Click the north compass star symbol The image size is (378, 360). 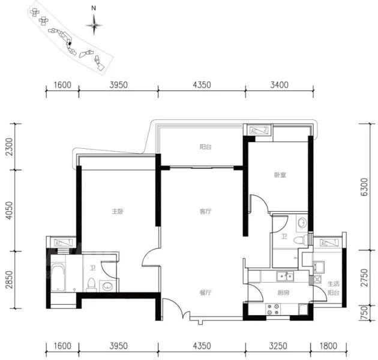coord(94,25)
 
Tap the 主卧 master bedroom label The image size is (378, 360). coord(118,211)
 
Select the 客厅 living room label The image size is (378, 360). coord(206,211)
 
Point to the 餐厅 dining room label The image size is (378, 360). coord(206,292)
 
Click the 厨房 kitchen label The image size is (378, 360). coord(283,293)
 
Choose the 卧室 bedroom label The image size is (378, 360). coord(280,175)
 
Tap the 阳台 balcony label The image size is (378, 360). coord(206,146)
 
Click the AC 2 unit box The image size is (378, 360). coord(259,130)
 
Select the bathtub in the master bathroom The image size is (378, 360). coord(58,278)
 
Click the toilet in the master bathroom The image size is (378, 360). coord(91,285)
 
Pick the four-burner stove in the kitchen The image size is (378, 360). coord(273,310)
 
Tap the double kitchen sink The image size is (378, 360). coord(285,277)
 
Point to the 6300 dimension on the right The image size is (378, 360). coord(365,187)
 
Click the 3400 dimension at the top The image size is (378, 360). coord(280,85)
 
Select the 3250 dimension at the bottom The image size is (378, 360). coord(278,346)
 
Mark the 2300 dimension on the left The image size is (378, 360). coord(9,146)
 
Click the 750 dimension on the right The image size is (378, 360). coord(365,313)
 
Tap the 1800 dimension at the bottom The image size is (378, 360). coord(328,346)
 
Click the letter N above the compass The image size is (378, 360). coord(94,8)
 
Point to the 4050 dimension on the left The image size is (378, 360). coord(9,210)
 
